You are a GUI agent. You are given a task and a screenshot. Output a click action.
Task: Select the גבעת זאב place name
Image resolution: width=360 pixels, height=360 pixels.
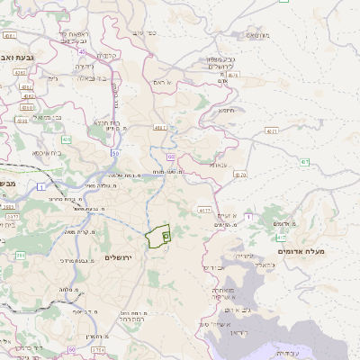[19, 57]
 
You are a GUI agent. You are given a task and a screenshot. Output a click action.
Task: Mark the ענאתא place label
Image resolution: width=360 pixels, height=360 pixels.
[218, 165]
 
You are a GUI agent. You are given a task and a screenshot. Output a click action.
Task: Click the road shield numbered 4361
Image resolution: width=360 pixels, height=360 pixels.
[10, 37]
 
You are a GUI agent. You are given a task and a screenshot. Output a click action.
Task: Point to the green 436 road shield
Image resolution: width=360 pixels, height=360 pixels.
[66, 139]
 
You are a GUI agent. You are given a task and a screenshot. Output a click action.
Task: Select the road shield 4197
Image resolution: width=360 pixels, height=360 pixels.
[160, 127]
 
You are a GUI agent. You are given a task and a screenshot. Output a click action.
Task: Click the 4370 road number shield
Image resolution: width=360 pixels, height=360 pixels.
[238, 174]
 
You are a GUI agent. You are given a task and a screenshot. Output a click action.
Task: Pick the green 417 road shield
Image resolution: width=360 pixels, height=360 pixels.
[282, 238]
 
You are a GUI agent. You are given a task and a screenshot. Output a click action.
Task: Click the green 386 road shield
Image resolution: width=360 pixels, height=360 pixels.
[20, 255]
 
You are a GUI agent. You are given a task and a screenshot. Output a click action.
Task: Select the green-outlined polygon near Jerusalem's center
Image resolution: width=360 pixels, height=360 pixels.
[157, 235]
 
